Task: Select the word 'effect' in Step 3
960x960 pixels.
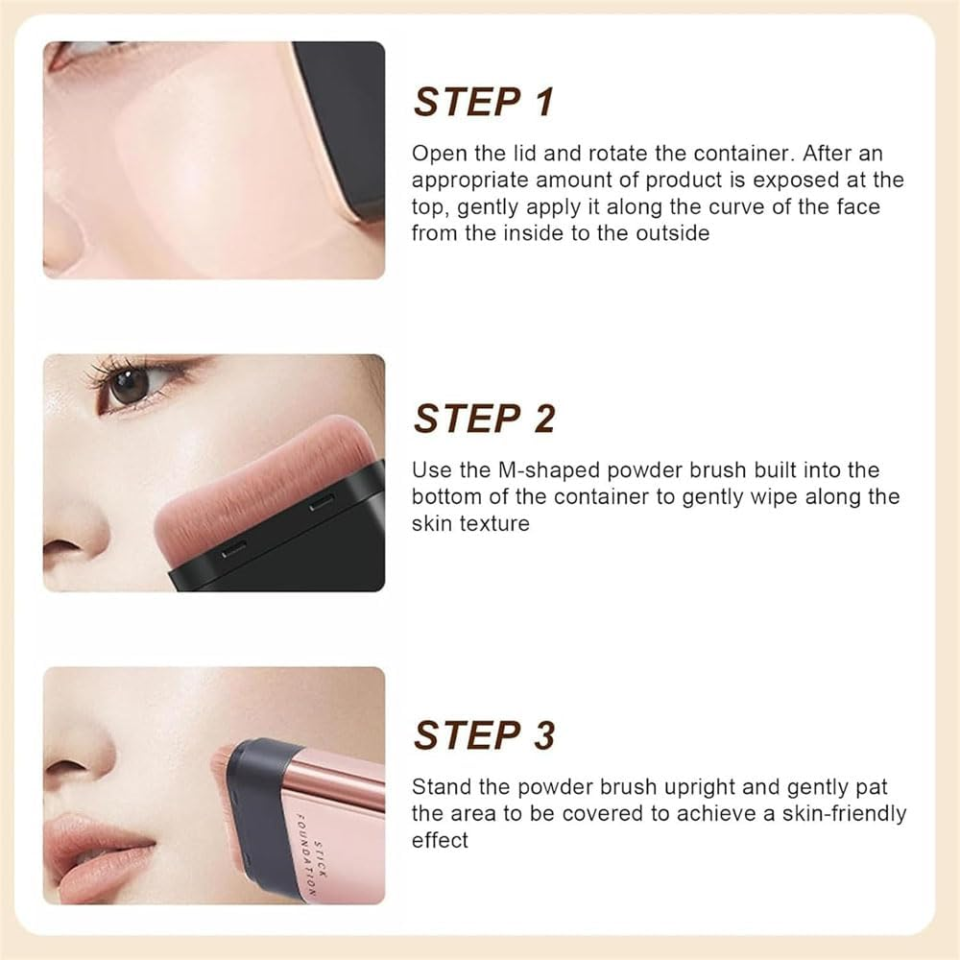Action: coord(441,840)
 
